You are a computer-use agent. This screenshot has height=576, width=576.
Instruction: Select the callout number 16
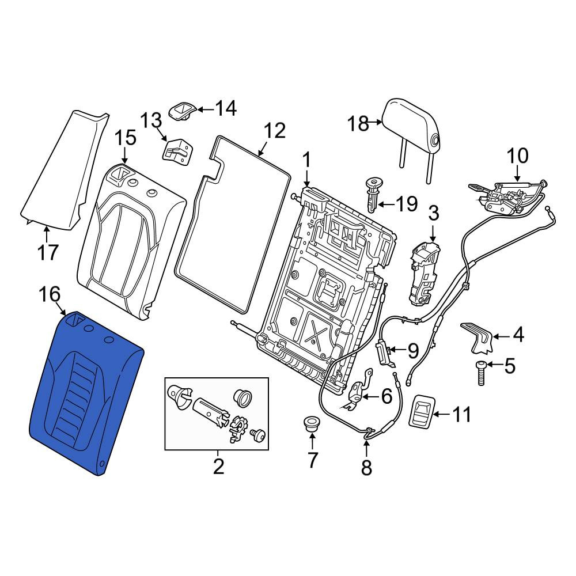point(49,294)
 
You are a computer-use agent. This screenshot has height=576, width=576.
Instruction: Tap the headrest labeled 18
point(413,125)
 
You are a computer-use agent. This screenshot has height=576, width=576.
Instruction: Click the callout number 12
point(275,131)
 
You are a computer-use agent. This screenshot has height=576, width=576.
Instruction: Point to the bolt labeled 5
point(481,373)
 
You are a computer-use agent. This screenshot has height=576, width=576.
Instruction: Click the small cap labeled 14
point(182,110)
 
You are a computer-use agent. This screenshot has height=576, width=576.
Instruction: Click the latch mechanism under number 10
point(507,197)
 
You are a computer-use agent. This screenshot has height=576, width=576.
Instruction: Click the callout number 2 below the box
point(218,467)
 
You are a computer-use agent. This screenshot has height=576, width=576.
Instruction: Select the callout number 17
point(48,252)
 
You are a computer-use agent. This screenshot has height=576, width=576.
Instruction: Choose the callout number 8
point(366,467)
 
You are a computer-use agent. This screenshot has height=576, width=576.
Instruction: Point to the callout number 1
point(306,161)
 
